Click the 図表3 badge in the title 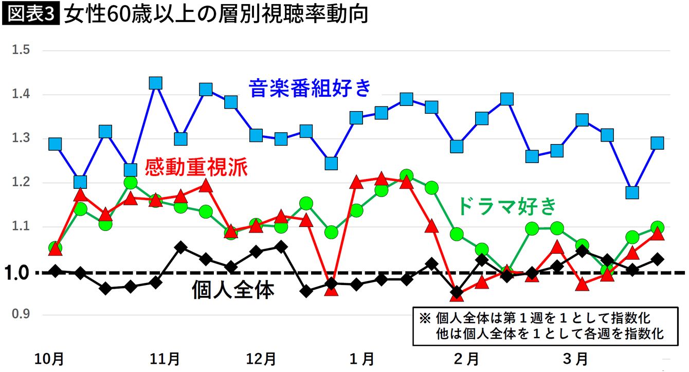[x=31, y=14]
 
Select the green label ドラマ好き [x=507, y=206]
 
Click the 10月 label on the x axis [x=50, y=358]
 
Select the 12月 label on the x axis [x=262, y=358]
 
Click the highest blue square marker [x=155, y=83]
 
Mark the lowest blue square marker [x=632, y=192]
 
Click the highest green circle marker [x=406, y=176]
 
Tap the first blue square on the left [x=55, y=144]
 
